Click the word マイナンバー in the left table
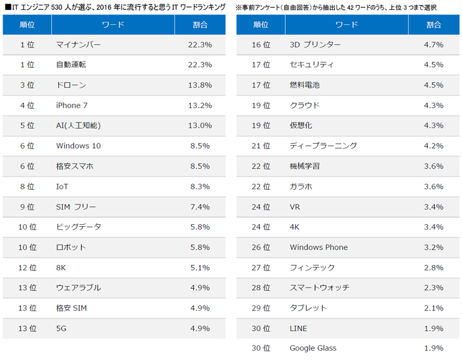click(x=79, y=45)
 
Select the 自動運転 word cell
click(x=70, y=65)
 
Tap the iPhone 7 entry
click(x=73, y=105)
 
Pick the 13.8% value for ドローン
click(x=200, y=85)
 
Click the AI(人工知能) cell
click(x=79, y=125)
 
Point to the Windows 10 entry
click(x=79, y=146)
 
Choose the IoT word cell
click(x=63, y=187)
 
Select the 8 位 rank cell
click(x=27, y=187)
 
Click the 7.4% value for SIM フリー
click(x=200, y=207)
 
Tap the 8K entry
click(x=62, y=267)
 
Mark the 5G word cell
click(x=62, y=328)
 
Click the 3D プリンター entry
click(x=315, y=45)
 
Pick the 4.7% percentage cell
click(x=434, y=45)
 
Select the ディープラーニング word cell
click(x=323, y=146)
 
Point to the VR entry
click(x=295, y=207)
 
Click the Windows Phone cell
click(x=319, y=247)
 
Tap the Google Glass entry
click(x=313, y=348)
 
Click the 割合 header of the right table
click(x=434, y=24)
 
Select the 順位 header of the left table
click(x=27, y=24)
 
